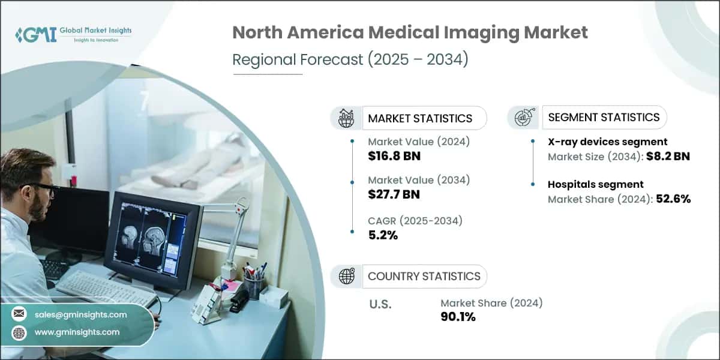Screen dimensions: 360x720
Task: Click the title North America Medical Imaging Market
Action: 410,33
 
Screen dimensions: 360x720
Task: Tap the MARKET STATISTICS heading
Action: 420,118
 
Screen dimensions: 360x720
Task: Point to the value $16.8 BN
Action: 394,157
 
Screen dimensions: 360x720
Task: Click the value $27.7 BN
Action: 394,194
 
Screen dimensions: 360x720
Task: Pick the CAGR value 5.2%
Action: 383,235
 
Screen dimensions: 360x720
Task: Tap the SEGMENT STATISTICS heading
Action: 604,117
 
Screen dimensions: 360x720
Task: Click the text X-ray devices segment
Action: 607,142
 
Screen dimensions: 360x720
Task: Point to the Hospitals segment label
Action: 595,184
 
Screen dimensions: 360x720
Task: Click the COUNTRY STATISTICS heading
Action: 424,276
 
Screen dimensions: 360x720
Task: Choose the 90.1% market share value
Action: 458,317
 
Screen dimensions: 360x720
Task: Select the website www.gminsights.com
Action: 77,332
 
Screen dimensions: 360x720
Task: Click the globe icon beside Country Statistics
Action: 346,276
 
